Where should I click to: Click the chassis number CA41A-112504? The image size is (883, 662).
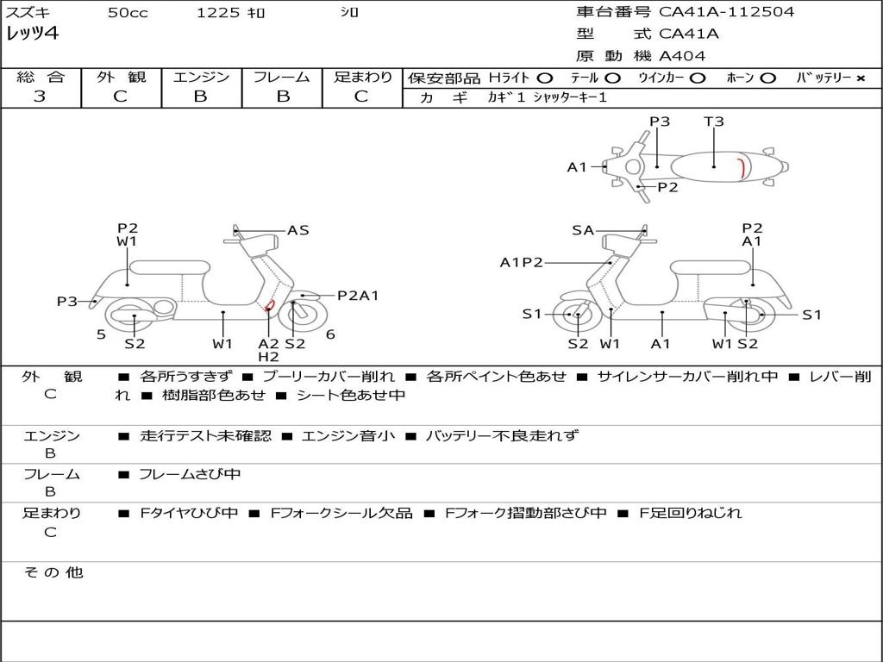(726, 12)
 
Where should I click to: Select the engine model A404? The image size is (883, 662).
(682, 56)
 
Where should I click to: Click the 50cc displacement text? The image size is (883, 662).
(127, 13)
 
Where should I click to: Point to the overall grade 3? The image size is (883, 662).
(40, 97)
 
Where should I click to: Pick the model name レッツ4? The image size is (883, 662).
(34, 34)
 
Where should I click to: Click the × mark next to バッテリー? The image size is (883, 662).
(861, 78)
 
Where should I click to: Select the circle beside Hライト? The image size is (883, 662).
(544, 78)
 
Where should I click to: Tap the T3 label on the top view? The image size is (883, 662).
(714, 122)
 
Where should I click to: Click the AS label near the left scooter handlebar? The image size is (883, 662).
(298, 230)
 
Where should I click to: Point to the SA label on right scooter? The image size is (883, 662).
(583, 230)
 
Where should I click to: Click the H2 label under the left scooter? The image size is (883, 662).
(268, 357)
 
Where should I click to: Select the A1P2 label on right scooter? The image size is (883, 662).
(521, 262)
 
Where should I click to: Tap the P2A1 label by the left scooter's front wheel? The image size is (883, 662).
(358, 296)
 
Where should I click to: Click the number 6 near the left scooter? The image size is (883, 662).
(330, 334)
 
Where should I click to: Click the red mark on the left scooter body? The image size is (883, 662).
(270, 304)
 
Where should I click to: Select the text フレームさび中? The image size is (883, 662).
(190, 474)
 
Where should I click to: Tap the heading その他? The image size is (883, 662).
(53, 572)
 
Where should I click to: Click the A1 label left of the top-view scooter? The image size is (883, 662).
(577, 167)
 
